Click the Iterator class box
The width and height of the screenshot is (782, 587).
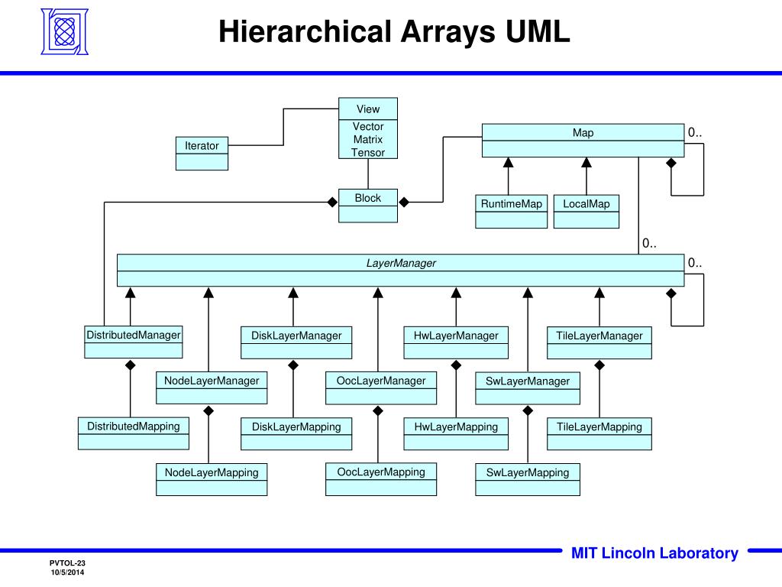pyautogui.click(x=202, y=153)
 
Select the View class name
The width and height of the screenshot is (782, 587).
pyautogui.click(x=368, y=109)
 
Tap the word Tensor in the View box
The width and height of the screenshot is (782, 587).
pyautogui.click(x=368, y=153)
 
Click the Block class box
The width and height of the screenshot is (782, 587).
pyautogui.click(x=368, y=205)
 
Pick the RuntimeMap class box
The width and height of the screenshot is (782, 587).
pyautogui.click(x=511, y=211)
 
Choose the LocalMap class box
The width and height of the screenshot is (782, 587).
pyautogui.click(x=586, y=211)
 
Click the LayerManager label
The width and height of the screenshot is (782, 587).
pyautogui.click(x=401, y=263)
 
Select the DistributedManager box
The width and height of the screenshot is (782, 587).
pyautogui.click(x=134, y=342)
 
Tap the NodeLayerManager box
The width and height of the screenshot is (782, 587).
pyautogui.click(x=212, y=388)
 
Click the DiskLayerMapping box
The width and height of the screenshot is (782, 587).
pyautogui.click(x=296, y=433)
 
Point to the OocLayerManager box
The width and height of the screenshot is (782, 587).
pyautogui.click(x=381, y=388)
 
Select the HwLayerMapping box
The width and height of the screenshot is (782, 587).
pyautogui.click(x=456, y=433)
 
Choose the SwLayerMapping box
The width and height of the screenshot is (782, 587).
pyautogui.click(x=528, y=479)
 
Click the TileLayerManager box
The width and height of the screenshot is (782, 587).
pyautogui.click(x=599, y=342)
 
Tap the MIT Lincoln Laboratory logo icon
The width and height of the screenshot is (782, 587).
pyautogui.click(x=64, y=31)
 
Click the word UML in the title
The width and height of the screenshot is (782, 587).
pyautogui.click(x=536, y=32)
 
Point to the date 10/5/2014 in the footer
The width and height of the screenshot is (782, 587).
pyautogui.click(x=68, y=572)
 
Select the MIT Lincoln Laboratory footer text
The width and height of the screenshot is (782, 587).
pyautogui.click(x=654, y=553)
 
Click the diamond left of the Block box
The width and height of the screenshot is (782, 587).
pyautogui.click(x=332, y=202)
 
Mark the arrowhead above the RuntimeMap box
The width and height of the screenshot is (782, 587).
pyautogui.click(x=508, y=162)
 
